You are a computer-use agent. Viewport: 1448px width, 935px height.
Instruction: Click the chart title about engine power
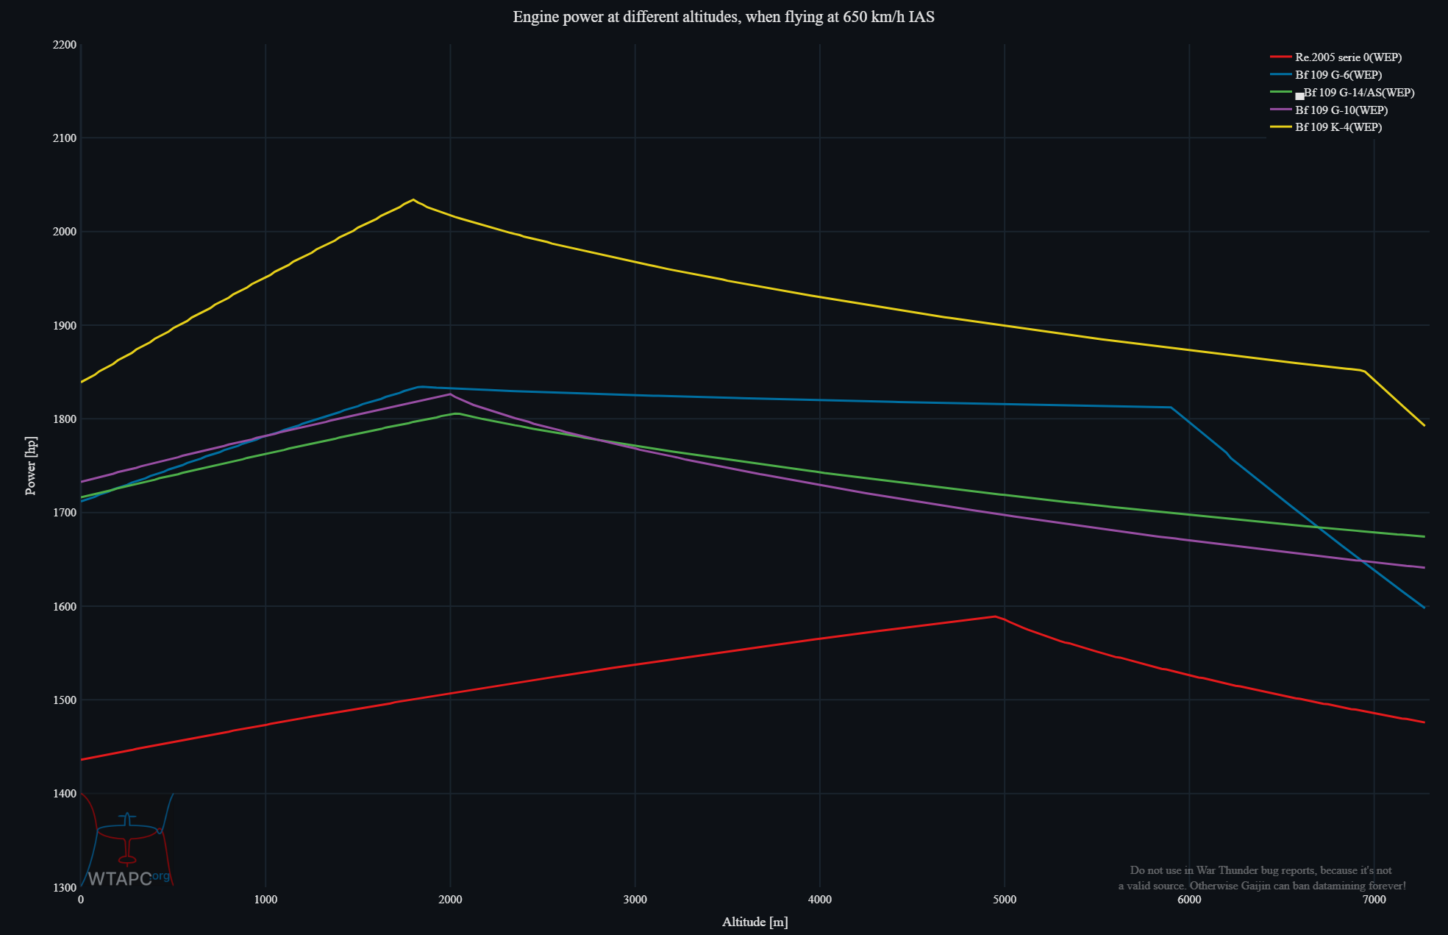click(x=724, y=17)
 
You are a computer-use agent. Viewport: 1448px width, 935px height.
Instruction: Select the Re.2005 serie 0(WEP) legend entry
click(x=1348, y=57)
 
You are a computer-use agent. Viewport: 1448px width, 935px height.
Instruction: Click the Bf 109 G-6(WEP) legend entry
click(x=1338, y=75)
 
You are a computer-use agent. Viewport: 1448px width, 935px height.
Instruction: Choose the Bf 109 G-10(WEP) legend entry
click(x=1341, y=110)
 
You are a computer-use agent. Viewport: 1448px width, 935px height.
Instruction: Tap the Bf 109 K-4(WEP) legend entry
click(x=1338, y=127)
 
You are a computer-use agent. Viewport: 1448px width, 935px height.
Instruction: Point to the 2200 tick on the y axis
click(x=65, y=45)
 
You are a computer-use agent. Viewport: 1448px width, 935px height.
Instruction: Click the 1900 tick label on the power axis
click(x=65, y=325)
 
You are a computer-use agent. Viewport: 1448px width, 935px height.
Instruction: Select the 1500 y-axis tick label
click(x=65, y=700)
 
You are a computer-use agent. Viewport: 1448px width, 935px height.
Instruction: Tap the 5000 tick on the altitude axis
click(x=1005, y=900)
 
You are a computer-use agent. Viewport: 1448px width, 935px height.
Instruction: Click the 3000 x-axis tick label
click(x=635, y=900)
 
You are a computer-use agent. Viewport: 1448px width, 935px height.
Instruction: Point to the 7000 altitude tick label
click(x=1374, y=900)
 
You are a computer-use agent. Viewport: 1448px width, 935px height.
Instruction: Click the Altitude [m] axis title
click(x=755, y=922)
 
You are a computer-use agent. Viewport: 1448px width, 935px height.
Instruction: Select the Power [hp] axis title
click(x=31, y=466)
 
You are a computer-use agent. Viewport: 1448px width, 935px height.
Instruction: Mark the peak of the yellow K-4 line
click(x=413, y=199)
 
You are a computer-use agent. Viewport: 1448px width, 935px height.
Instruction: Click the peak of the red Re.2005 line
click(x=995, y=616)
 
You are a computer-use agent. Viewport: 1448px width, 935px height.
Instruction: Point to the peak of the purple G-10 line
click(x=450, y=394)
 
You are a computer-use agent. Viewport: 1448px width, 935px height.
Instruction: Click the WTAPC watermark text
click(x=119, y=878)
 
